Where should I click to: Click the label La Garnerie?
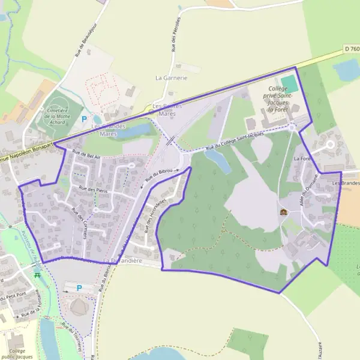(172, 78)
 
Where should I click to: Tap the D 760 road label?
(352, 48)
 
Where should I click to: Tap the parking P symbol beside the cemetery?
(85, 119)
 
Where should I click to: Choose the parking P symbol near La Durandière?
(79, 288)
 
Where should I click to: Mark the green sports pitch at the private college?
(289, 81)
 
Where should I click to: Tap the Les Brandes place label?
(344, 182)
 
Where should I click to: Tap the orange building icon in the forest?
(283, 212)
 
